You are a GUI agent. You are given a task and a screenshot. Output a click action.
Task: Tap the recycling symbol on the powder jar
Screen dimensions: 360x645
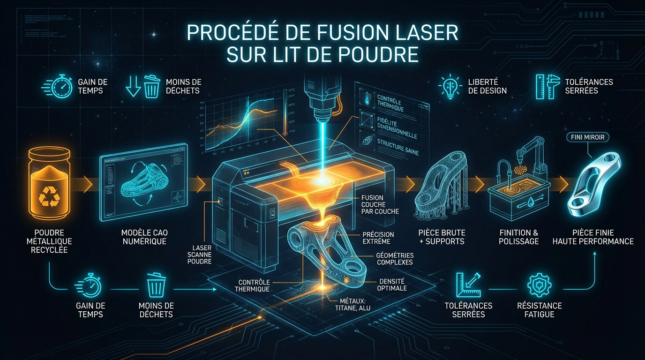click(49, 196)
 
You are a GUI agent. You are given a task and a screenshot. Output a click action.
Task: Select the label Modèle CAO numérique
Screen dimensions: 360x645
click(144, 237)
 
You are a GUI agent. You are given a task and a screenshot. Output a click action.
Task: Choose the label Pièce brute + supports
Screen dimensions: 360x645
click(442, 237)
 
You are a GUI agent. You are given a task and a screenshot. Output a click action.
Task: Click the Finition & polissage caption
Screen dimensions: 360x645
click(519, 237)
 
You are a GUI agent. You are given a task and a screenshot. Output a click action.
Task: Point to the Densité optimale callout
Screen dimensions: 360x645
click(391, 285)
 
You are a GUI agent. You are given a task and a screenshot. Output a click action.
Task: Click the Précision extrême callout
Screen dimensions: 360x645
click(378, 238)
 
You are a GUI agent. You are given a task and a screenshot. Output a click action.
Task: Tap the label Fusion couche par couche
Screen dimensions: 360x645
click(380, 204)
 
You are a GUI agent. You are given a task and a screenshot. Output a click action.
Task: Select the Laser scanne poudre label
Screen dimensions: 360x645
click(202, 255)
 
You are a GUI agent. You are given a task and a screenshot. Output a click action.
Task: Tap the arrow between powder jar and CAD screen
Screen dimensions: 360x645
click(87, 181)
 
